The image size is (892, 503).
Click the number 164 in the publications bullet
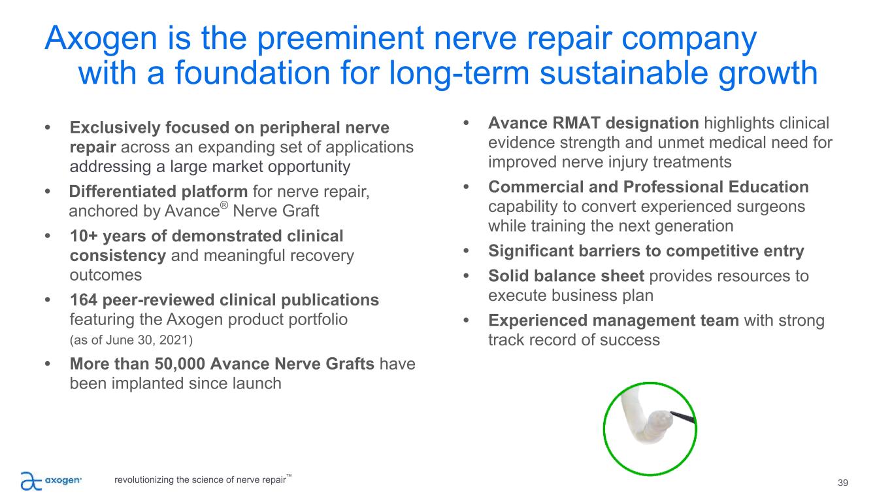coord(83,300)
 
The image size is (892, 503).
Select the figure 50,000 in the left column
coord(180,364)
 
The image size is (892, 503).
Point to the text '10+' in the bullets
coord(84,236)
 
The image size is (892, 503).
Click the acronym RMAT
coord(576,123)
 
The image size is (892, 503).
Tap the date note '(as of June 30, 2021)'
coord(131,340)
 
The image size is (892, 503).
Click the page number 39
coord(842,483)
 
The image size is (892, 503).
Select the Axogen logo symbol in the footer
coord(31,481)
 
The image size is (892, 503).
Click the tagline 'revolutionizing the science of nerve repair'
coord(201,479)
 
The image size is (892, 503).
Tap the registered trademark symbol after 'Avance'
coord(224,205)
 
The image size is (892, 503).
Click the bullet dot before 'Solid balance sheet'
coord(467,276)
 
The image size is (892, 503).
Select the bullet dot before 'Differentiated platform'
coord(48,191)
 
